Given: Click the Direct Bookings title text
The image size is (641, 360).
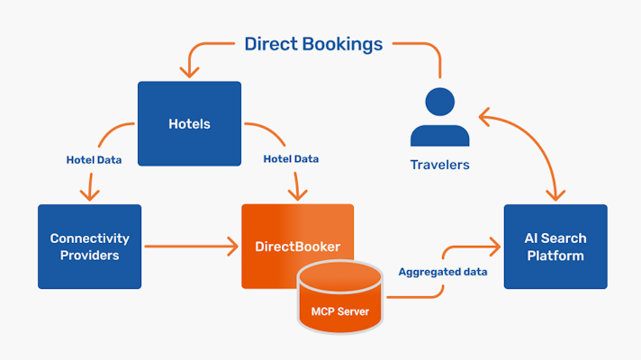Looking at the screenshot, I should [x=313, y=43].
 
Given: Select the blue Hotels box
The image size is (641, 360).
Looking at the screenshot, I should [x=189, y=123].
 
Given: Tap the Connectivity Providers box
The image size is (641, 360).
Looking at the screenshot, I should [x=89, y=247].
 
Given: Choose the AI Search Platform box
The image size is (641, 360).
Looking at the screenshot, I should [x=555, y=247].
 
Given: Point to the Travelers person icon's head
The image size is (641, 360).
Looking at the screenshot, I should [x=439, y=101].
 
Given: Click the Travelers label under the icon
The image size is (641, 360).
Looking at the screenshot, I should [x=440, y=165].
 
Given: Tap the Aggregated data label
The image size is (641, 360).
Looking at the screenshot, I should [x=443, y=271].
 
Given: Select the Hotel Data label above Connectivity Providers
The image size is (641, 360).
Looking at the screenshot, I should [x=95, y=159].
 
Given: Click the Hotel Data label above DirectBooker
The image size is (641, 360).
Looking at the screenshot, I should [x=291, y=159].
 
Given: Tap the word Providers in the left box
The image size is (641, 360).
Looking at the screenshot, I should [x=89, y=256].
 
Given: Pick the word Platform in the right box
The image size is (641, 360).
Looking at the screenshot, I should [x=555, y=256].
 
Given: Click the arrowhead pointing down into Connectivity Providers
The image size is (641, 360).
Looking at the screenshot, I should [x=89, y=194].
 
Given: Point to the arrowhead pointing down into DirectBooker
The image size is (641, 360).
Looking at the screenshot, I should [x=297, y=194].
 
